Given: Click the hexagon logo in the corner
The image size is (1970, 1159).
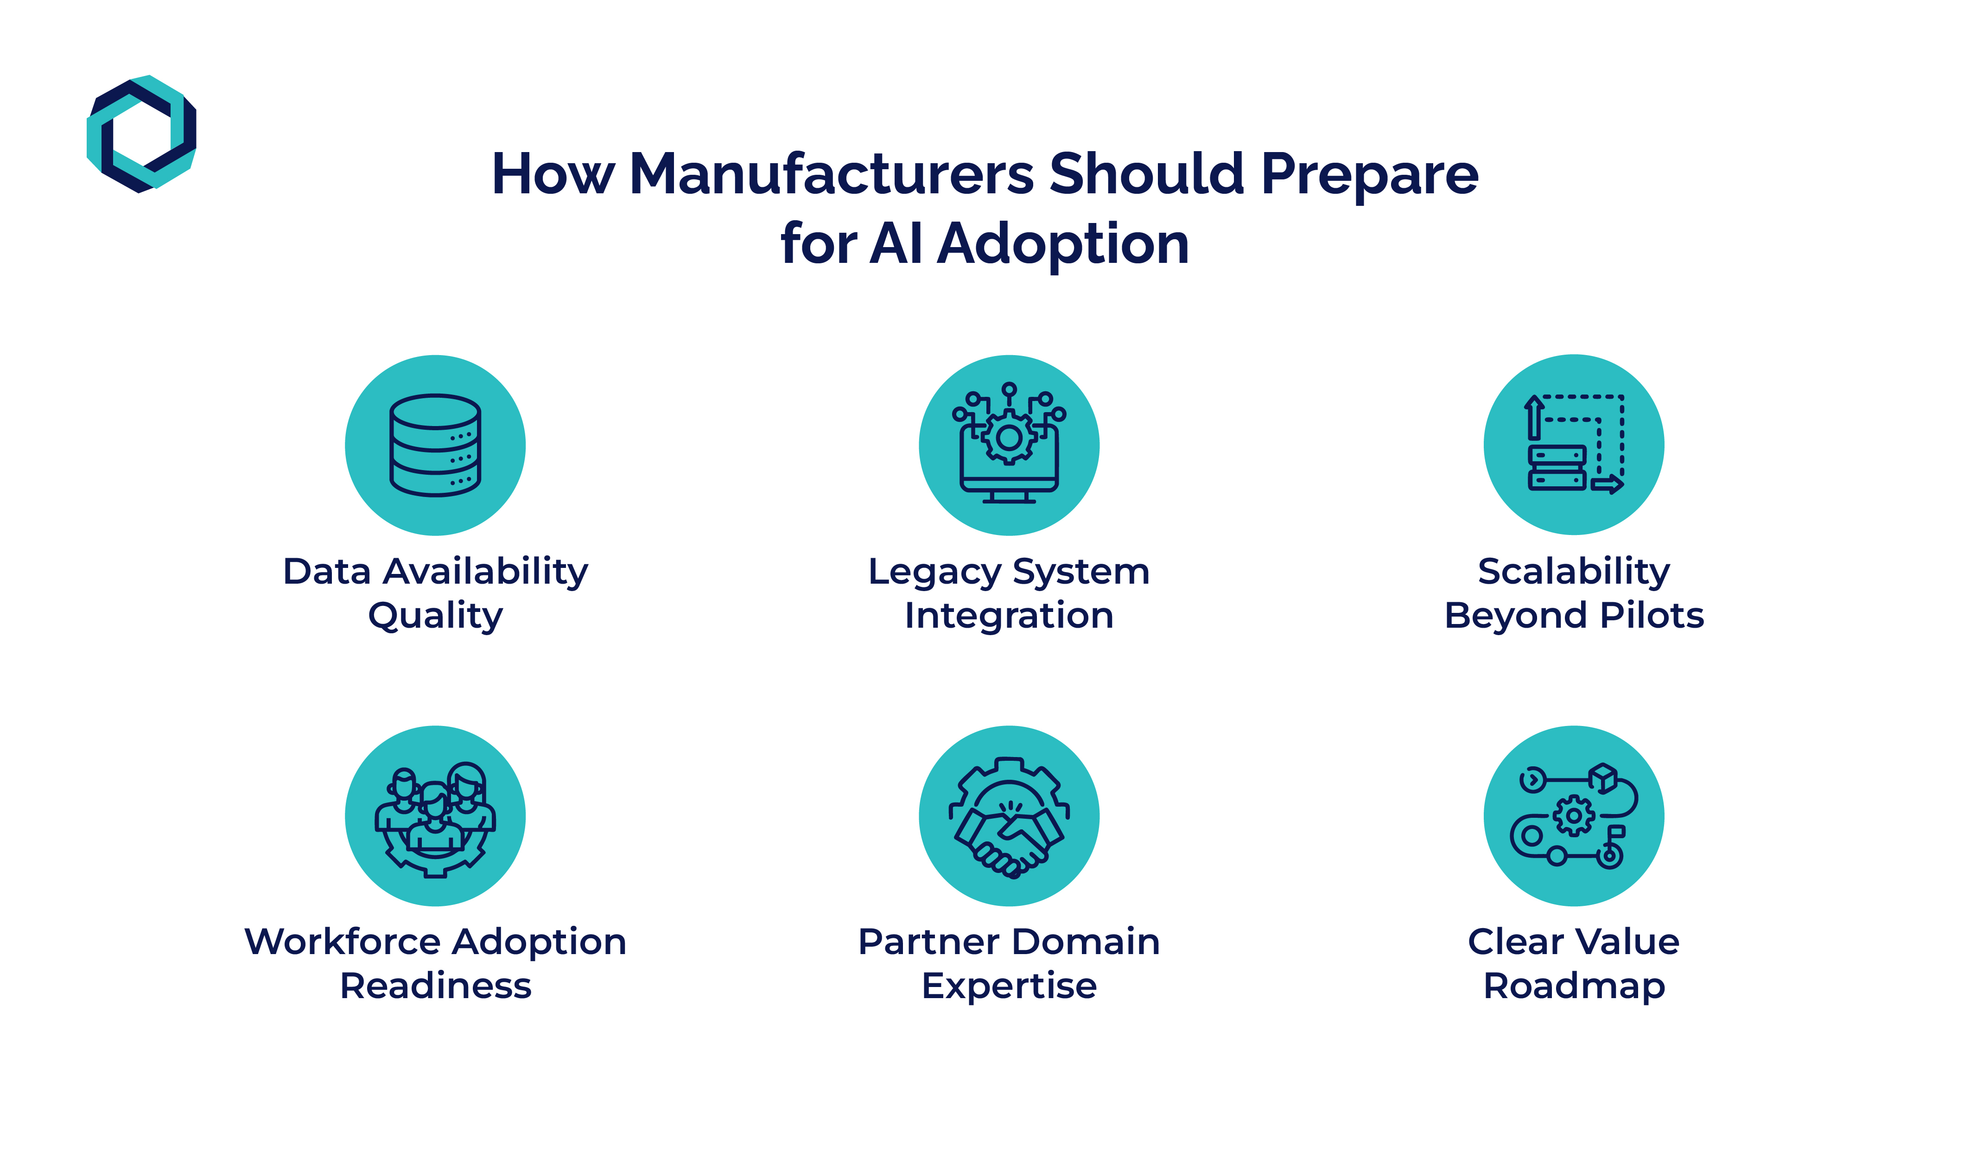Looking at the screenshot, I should click(141, 134).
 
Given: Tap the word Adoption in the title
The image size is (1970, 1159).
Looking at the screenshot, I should click(1063, 244).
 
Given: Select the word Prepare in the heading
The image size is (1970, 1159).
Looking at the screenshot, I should click(1370, 173).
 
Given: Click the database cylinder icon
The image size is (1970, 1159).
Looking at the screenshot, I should click(435, 445).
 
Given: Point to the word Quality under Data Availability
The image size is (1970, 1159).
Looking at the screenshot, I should click(435, 616).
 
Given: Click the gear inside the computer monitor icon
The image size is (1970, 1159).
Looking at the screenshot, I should click(1009, 437).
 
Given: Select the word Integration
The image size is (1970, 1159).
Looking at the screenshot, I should click(1009, 616).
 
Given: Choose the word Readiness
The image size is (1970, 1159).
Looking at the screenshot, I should click(435, 986).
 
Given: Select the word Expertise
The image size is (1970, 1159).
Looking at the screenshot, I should click(1009, 986).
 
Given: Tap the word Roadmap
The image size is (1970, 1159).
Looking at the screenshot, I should click(1574, 986).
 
